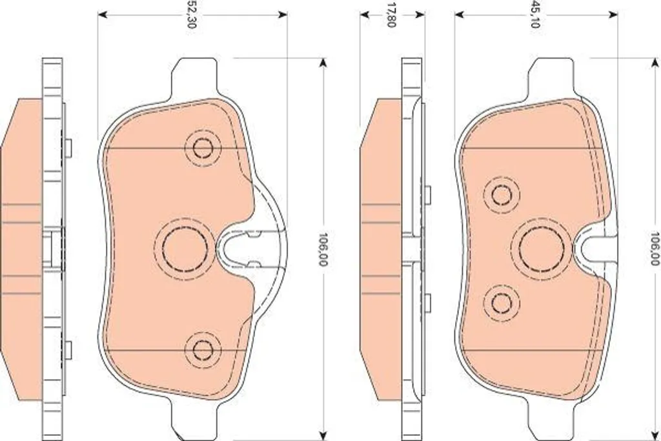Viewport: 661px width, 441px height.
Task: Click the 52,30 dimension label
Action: coord(190,15)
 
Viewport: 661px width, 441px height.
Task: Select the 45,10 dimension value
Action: coord(535,15)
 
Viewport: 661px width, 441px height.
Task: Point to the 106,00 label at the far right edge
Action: coord(655,249)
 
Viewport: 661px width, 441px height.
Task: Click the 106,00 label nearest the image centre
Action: coord(323,249)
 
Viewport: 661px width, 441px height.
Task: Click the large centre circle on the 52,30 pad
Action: coord(185,249)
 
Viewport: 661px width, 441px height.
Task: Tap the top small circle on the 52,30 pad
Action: coord(203,148)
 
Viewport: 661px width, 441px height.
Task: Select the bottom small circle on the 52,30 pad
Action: coord(203,349)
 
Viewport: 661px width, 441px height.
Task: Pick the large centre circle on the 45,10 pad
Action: coord(542,249)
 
